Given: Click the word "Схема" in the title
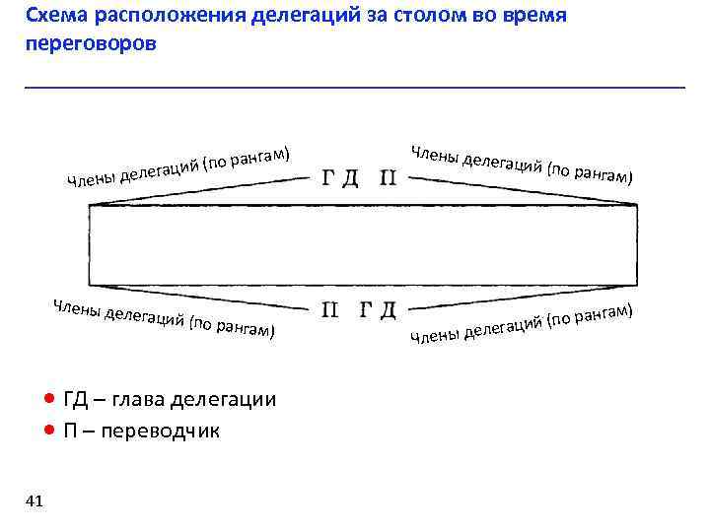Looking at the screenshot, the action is [55, 17].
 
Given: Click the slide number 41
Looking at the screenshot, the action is [35, 501].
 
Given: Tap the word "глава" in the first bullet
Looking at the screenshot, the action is [139, 399].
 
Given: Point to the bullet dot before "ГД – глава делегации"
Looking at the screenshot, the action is [49, 399].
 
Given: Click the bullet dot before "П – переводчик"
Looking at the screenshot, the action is [49, 431].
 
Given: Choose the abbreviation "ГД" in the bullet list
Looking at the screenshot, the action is [76, 399].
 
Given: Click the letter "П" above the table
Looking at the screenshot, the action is [389, 178].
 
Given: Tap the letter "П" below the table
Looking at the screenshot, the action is [332, 311].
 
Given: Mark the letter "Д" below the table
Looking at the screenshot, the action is [388, 311].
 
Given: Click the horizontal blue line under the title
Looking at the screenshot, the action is [355, 88].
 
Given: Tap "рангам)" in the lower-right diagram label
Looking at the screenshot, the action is [601, 314].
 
